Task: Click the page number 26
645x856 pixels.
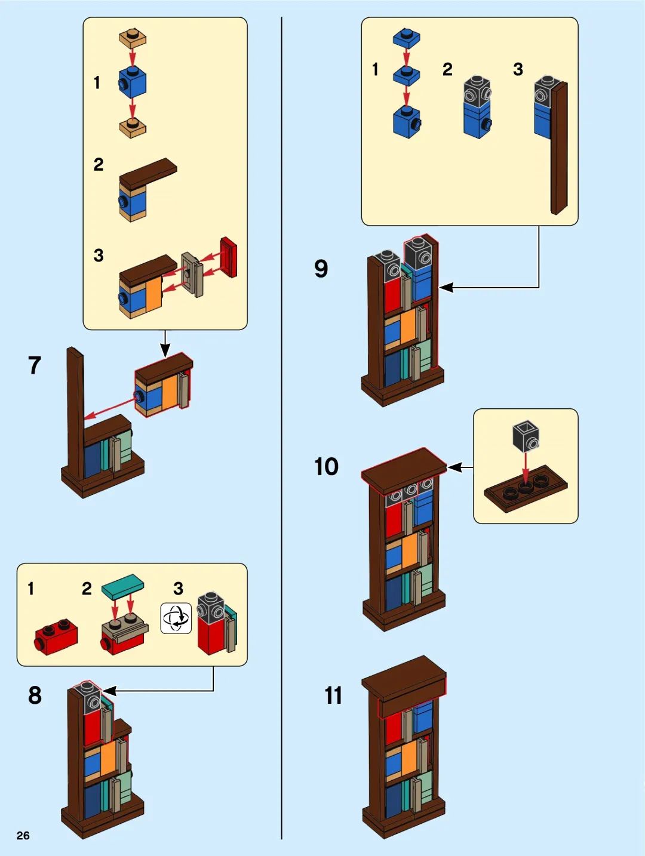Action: point(23,835)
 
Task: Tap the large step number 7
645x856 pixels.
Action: point(35,365)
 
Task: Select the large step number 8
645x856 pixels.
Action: point(35,695)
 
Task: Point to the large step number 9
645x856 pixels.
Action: point(321,268)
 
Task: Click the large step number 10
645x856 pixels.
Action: point(327,466)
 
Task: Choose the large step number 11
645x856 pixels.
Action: point(333,695)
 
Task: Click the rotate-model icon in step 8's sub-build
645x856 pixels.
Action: point(176,618)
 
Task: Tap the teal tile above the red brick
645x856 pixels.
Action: point(122,586)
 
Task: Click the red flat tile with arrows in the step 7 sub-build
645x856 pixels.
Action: point(229,257)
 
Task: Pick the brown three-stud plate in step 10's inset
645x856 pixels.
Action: point(526,488)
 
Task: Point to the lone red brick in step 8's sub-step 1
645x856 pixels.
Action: point(56,639)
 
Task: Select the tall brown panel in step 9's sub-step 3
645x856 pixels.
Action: point(559,148)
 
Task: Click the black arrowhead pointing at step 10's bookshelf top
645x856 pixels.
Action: point(453,467)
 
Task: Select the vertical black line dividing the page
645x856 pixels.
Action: point(281,428)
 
